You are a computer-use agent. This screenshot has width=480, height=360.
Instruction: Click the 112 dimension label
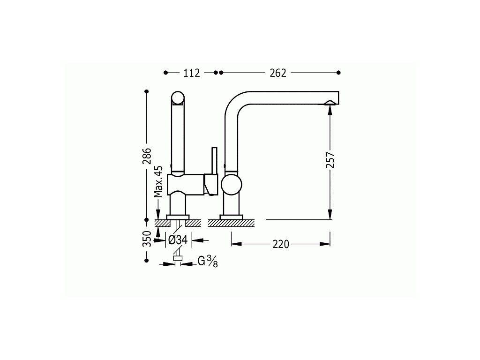[x=192, y=73]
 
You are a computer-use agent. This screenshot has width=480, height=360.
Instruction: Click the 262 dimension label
[x=278, y=73]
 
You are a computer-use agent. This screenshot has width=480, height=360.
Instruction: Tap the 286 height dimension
[x=147, y=156]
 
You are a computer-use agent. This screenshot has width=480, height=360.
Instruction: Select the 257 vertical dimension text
[x=330, y=160]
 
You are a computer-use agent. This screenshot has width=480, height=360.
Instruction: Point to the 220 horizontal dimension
[x=281, y=244]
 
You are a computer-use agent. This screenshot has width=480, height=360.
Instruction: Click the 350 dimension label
[x=147, y=239]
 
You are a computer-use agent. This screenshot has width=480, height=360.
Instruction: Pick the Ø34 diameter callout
[x=178, y=240]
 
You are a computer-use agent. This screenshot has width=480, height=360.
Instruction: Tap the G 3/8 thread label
[x=208, y=262]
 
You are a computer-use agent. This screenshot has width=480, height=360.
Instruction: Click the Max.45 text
[x=158, y=181]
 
